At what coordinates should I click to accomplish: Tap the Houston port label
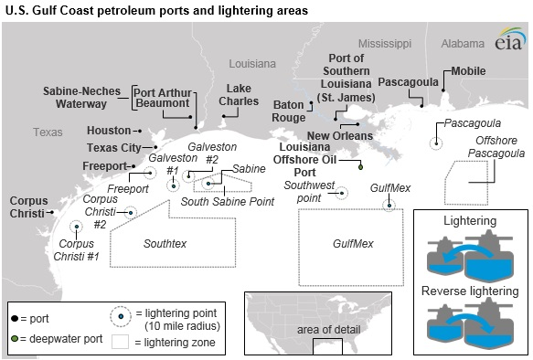107,131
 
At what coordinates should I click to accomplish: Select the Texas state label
48,132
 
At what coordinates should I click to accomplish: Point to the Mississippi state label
385,43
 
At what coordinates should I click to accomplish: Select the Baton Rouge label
289,111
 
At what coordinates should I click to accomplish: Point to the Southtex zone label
165,244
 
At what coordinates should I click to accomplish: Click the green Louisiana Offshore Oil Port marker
360,166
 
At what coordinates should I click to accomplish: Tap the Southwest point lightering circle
343,192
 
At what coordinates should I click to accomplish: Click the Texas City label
115,148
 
